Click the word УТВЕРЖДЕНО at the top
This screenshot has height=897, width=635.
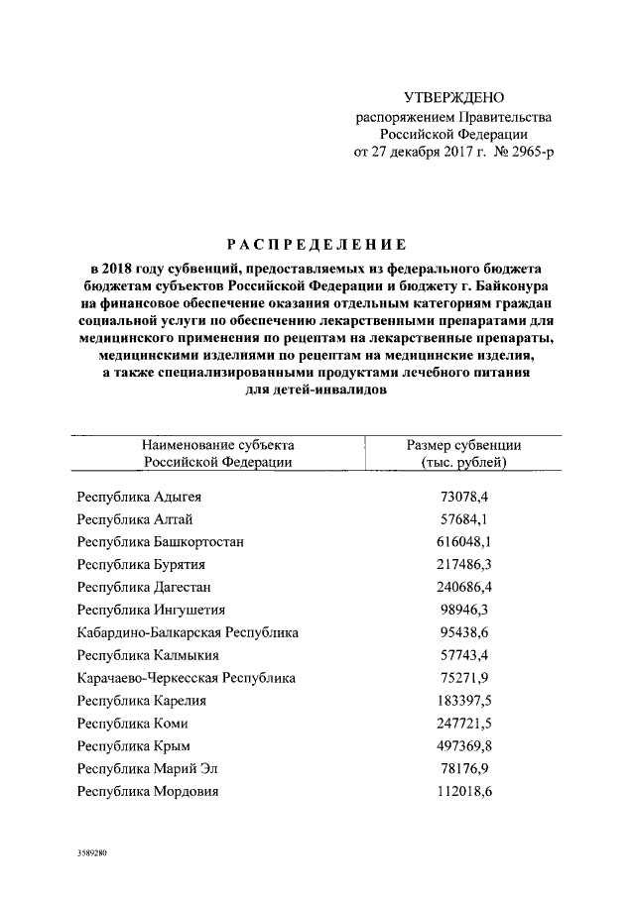coord(455,97)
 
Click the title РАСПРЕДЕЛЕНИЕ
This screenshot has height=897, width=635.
coord(317,244)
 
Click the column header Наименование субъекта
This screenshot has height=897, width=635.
coord(217,445)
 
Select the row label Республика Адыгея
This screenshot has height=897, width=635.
coord(145,496)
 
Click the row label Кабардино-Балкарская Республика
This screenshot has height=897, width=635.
coord(188,631)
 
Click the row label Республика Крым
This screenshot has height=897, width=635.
coord(133,745)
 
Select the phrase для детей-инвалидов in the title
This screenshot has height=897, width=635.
coord(317,391)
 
